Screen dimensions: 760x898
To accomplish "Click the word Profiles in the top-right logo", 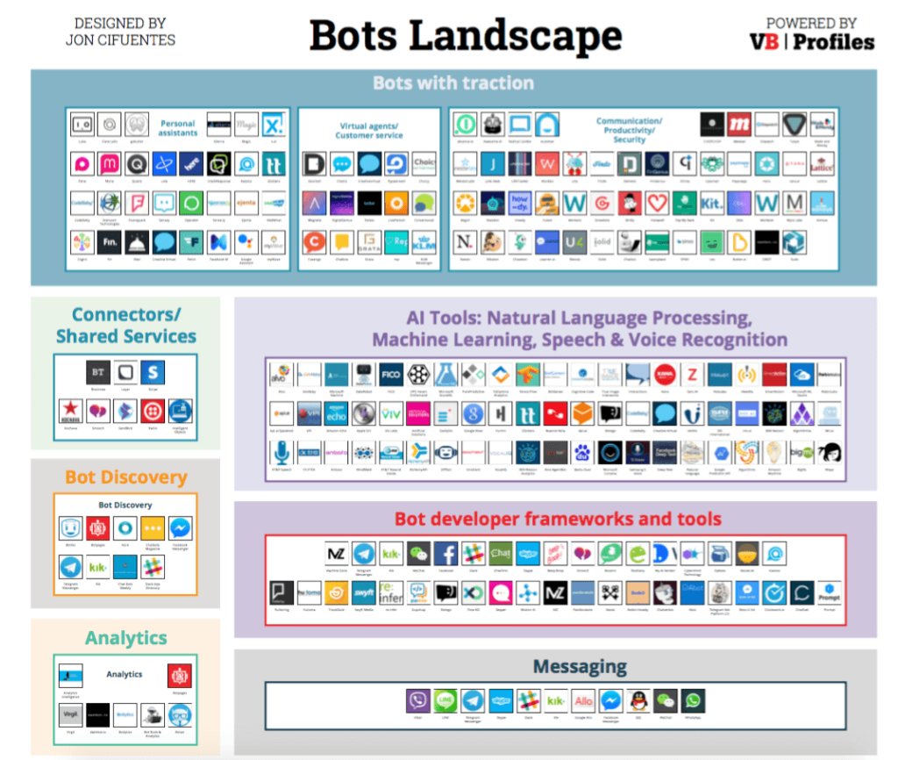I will (834, 42).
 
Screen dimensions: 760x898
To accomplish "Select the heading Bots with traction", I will (453, 83).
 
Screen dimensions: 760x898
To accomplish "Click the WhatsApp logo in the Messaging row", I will (694, 700).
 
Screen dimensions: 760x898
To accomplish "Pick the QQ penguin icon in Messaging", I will (639, 700).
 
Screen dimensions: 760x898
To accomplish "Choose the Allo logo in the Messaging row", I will (583, 700).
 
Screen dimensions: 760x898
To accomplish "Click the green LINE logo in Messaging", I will (445, 700).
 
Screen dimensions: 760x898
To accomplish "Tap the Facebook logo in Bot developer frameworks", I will (445, 554).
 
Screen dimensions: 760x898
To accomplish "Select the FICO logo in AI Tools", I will (392, 373).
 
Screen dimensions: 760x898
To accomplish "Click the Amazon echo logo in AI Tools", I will (336, 412).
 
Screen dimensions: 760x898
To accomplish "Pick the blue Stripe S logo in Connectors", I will (152, 372).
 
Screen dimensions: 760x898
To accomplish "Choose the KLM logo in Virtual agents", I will (424, 242).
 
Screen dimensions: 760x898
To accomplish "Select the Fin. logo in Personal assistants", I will (110, 242).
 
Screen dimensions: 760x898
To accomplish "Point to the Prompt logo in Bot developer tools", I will (829, 593).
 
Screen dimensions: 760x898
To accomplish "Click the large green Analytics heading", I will (125, 638).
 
